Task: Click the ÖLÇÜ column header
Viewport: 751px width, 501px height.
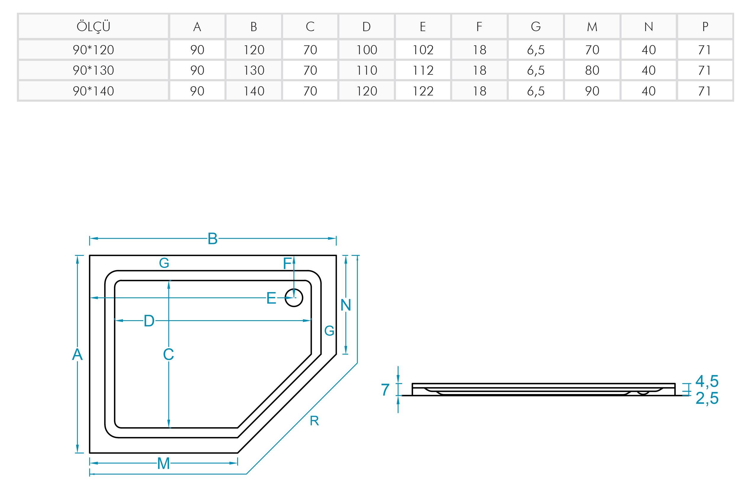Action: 93,26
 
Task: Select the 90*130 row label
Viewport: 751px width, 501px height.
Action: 93,70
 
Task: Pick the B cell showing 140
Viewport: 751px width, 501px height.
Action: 254,91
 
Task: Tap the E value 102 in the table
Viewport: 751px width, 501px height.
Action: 423,50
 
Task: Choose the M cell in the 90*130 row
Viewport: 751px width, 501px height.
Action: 592,70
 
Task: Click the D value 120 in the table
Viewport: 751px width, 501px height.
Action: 366,91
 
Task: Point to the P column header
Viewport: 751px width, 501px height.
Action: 705,26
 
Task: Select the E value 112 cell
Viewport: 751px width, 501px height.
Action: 423,70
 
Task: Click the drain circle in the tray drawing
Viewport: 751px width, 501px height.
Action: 294,298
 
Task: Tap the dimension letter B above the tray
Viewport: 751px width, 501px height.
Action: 213,239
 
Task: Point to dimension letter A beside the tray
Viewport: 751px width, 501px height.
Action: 77,354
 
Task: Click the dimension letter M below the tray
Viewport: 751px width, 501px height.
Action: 163,463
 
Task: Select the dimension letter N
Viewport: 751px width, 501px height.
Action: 346,305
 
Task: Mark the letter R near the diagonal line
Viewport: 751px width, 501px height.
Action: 314,421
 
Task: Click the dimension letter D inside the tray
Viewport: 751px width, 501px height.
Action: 149,321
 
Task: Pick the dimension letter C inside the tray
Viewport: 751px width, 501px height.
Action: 169,354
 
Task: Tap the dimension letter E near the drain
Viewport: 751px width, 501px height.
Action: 271,298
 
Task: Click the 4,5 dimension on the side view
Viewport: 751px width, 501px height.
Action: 707,381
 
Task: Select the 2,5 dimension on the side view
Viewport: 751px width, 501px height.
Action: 707,398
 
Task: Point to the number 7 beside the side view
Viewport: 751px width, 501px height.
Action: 385,390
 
